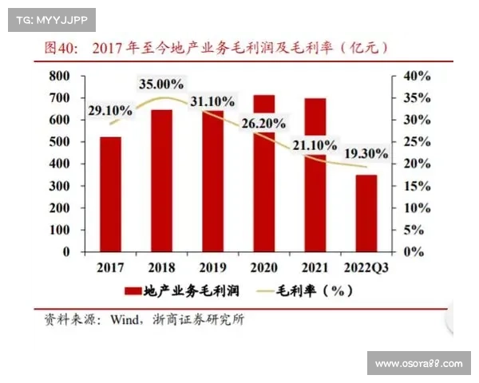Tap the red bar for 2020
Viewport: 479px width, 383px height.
click(x=263, y=173)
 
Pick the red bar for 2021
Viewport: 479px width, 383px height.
click(x=315, y=175)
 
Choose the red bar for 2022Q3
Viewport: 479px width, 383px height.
click(x=366, y=213)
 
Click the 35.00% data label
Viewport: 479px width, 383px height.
click(x=162, y=84)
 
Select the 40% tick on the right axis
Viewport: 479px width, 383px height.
click(x=416, y=76)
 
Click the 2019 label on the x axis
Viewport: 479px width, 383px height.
click(x=212, y=267)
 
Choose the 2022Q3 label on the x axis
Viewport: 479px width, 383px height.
click(x=366, y=267)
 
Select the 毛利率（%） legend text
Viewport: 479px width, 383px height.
click(x=315, y=291)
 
